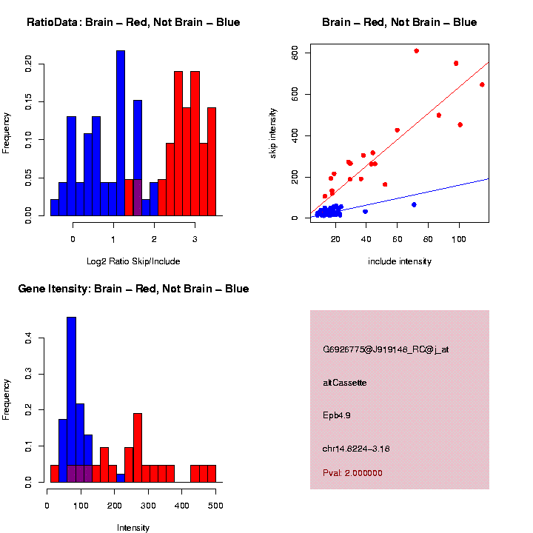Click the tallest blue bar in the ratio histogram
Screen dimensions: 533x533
click(x=121, y=133)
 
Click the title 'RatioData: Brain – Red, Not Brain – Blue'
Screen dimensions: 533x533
click(x=133, y=22)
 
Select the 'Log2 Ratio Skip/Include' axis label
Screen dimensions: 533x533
click(x=133, y=261)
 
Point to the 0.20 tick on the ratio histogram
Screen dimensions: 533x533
click(x=28, y=64)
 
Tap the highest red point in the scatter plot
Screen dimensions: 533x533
click(x=416, y=51)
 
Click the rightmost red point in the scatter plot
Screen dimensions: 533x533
click(x=482, y=84)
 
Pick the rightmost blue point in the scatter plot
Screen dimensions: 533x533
click(x=414, y=204)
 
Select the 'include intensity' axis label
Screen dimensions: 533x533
click(x=400, y=261)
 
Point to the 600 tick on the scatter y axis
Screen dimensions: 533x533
click(x=299, y=53)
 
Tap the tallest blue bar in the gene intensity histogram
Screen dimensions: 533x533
click(x=71, y=400)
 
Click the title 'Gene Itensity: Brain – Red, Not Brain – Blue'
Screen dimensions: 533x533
click(x=133, y=289)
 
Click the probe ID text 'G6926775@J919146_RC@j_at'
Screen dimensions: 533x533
click(x=386, y=349)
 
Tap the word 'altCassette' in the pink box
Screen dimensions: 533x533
click(x=345, y=383)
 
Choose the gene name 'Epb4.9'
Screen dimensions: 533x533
click(x=337, y=415)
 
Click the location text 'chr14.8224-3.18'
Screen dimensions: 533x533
click(x=356, y=448)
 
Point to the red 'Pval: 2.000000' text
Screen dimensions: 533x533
click(x=352, y=472)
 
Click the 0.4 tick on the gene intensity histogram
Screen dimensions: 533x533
click(x=28, y=338)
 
